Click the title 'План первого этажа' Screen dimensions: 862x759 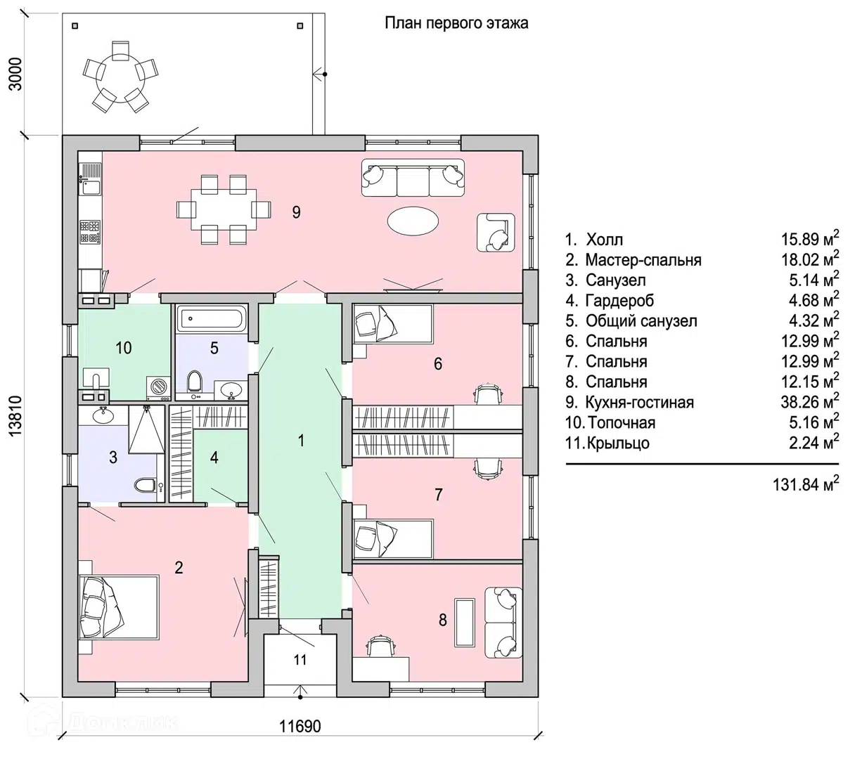[456, 23]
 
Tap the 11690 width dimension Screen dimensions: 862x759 [300, 726]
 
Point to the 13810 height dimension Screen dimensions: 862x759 [15, 415]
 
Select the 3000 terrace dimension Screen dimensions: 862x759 [15, 74]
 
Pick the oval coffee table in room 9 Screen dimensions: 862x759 [413, 221]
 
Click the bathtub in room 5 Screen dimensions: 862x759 [212, 318]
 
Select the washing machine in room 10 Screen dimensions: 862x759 [158, 387]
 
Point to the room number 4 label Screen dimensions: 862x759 [214, 458]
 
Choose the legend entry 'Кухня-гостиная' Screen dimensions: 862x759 [640, 402]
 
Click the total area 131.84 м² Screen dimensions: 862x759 [806, 484]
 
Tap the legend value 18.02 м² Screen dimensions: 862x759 [810, 259]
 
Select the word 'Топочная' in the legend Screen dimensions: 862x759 [622, 422]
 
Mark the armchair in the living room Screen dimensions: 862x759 [495, 233]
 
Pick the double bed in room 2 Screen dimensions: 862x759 [118, 607]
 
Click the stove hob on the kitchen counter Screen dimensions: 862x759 [90, 232]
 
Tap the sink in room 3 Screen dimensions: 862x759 [103, 415]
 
